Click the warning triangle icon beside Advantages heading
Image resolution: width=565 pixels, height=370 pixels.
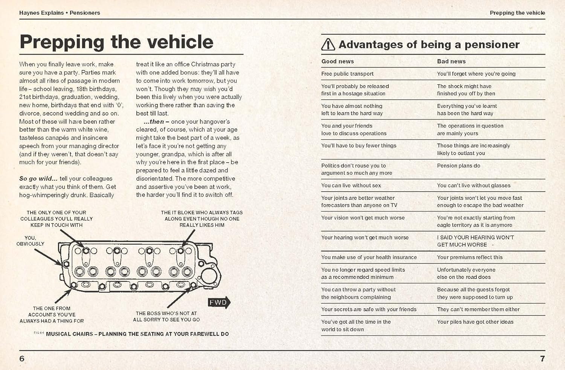(x=328, y=44)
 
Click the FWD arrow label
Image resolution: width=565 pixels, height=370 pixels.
(x=218, y=302)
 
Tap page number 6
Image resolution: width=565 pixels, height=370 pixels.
(x=22, y=359)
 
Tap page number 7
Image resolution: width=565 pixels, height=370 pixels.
(x=542, y=359)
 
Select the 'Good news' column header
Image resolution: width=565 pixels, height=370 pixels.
(x=337, y=61)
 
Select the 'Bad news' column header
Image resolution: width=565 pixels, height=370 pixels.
(x=451, y=61)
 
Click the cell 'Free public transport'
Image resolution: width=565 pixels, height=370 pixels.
(x=347, y=74)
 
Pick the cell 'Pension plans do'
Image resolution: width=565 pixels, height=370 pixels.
(x=458, y=166)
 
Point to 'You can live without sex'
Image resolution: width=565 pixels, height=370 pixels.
(x=351, y=186)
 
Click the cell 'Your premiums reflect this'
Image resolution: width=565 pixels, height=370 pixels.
(x=470, y=257)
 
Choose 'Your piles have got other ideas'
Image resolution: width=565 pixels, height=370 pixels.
(x=475, y=322)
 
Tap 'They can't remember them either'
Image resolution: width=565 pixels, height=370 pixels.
(x=478, y=309)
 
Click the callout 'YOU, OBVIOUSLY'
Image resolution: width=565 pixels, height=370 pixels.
(x=30, y=241)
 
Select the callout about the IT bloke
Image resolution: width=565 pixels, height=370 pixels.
(x=202, y=219)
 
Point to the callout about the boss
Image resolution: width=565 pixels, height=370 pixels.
(x=166, y=316)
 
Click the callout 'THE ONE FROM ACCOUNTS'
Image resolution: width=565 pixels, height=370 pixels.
(x=52, y=315)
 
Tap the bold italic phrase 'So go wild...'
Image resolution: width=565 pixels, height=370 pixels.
(x=38, y=179)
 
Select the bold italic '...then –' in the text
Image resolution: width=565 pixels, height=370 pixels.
(x=156, y=122)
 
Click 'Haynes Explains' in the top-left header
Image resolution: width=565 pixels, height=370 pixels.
(x=41, y=13)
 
